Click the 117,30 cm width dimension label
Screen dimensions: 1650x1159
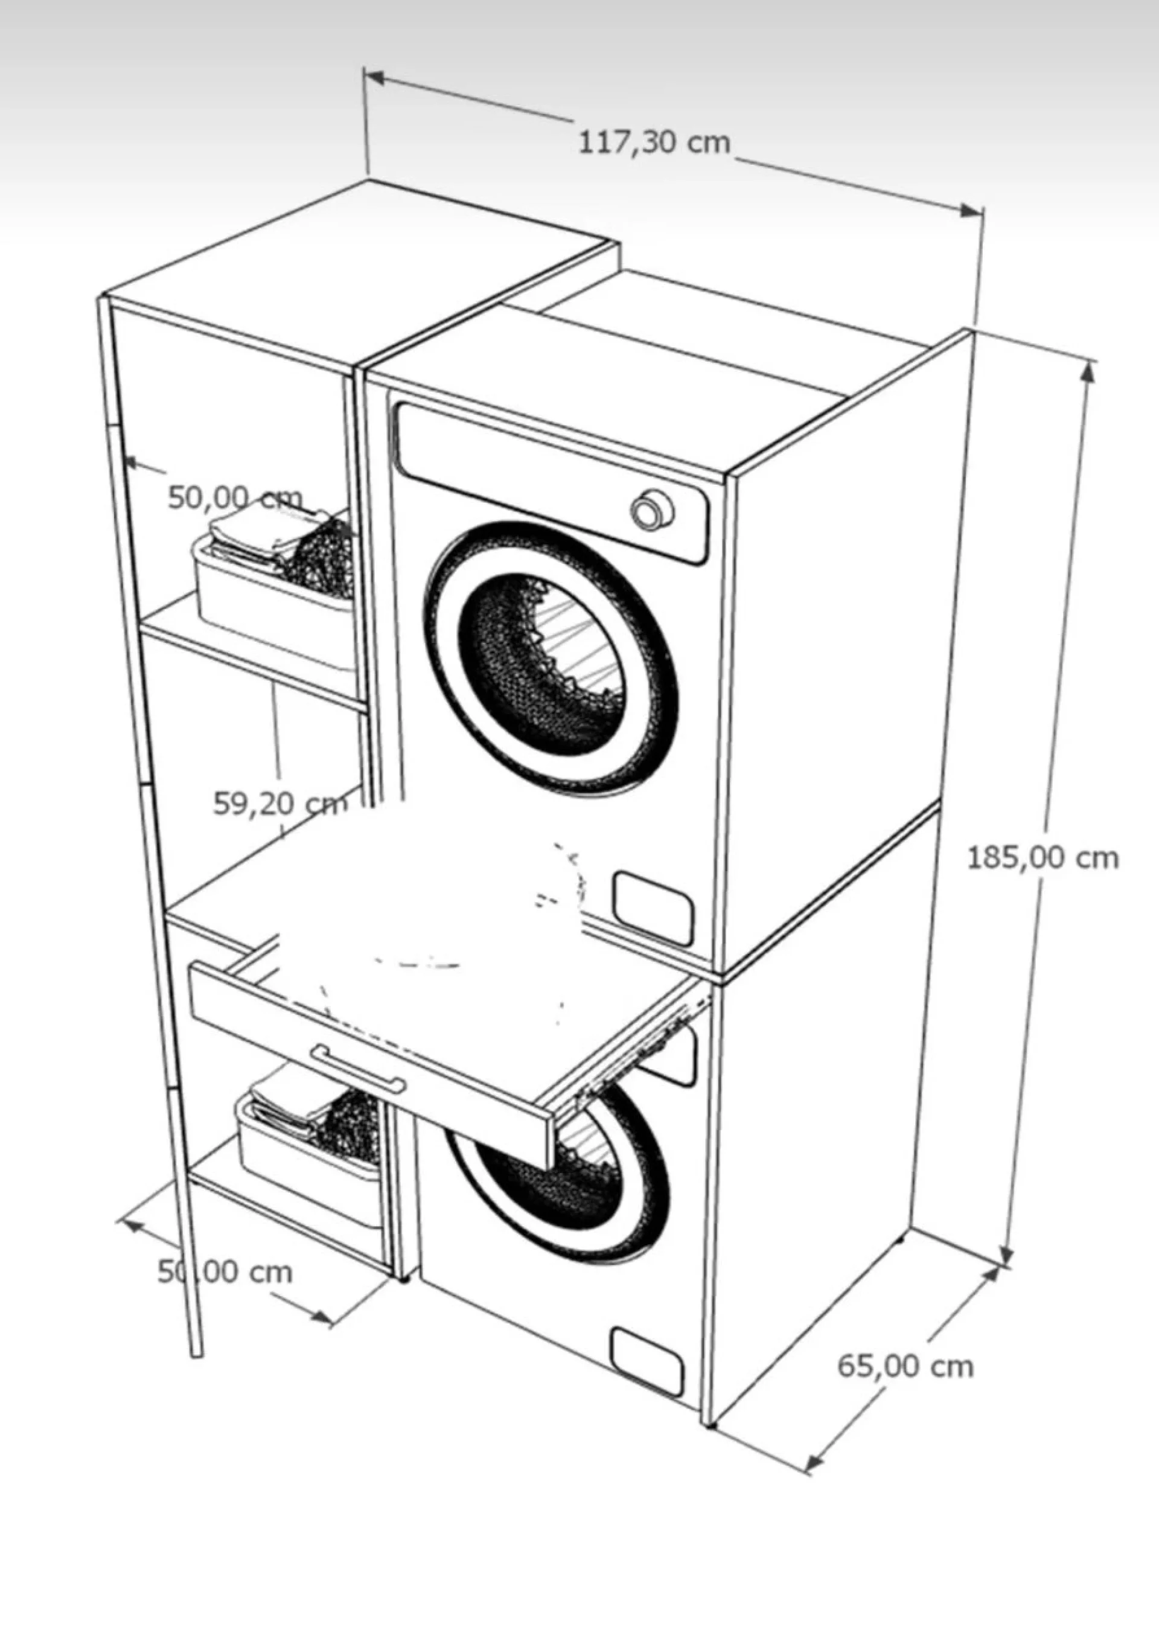coord(654,143)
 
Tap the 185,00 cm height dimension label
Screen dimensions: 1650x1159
coord(1042,857)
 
